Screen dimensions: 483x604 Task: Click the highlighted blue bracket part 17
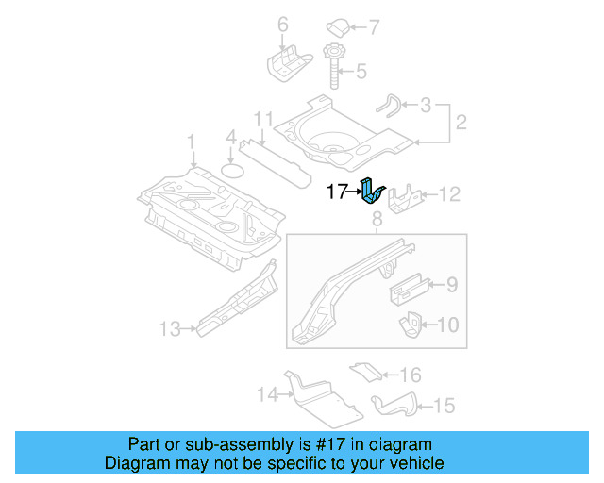pos(372,191)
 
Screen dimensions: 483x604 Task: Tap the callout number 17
pos(337,192)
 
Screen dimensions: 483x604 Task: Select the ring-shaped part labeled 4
pos(231,171)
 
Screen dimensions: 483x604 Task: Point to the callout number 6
pos(282,23)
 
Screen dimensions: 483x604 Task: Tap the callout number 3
pos(426,105)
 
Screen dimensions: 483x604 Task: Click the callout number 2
pos(461,122)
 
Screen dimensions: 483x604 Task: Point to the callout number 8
pos(376,221)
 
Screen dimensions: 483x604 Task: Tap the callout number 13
pos(169,329)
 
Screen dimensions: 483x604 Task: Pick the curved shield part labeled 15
pos(394,404)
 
